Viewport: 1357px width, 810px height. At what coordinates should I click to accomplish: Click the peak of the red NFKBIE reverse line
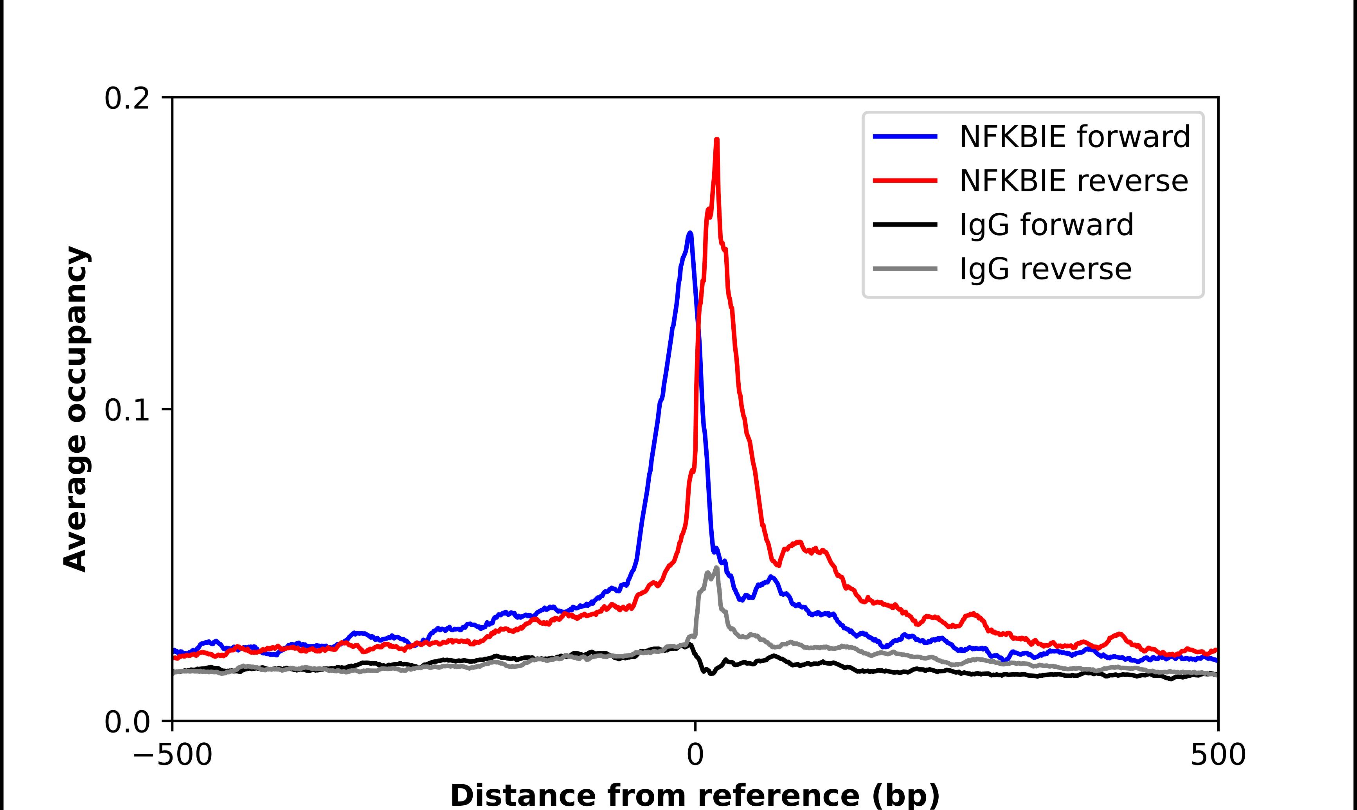716,140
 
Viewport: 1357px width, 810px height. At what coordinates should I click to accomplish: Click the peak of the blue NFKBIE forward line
690,234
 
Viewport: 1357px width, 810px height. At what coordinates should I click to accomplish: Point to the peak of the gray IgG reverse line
716,568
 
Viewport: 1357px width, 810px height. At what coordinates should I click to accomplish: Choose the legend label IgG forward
1046,225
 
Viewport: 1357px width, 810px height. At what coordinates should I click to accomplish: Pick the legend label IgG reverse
1045,269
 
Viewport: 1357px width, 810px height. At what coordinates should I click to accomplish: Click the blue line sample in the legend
905,137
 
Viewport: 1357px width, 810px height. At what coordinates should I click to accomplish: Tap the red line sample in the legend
905,181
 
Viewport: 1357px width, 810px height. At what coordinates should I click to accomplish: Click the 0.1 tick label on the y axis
127,410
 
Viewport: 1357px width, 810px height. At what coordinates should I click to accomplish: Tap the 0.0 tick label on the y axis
127,722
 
